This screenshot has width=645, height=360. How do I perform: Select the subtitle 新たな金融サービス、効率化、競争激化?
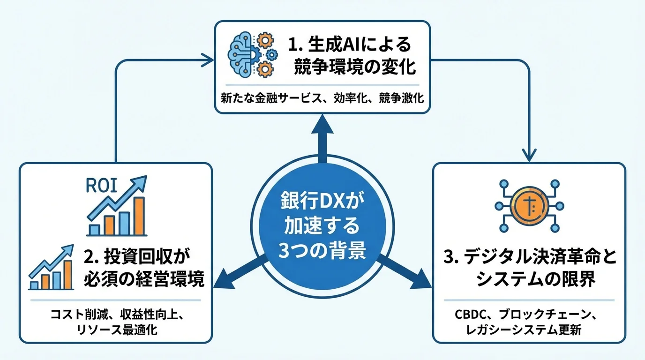[322, 99]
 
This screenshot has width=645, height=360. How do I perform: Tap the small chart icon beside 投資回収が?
[51, 268]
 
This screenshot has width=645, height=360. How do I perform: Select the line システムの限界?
[529, 279]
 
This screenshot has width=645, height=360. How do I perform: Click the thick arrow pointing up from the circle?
[322, 136]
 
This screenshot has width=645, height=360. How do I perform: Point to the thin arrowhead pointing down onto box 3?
[529, 155]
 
